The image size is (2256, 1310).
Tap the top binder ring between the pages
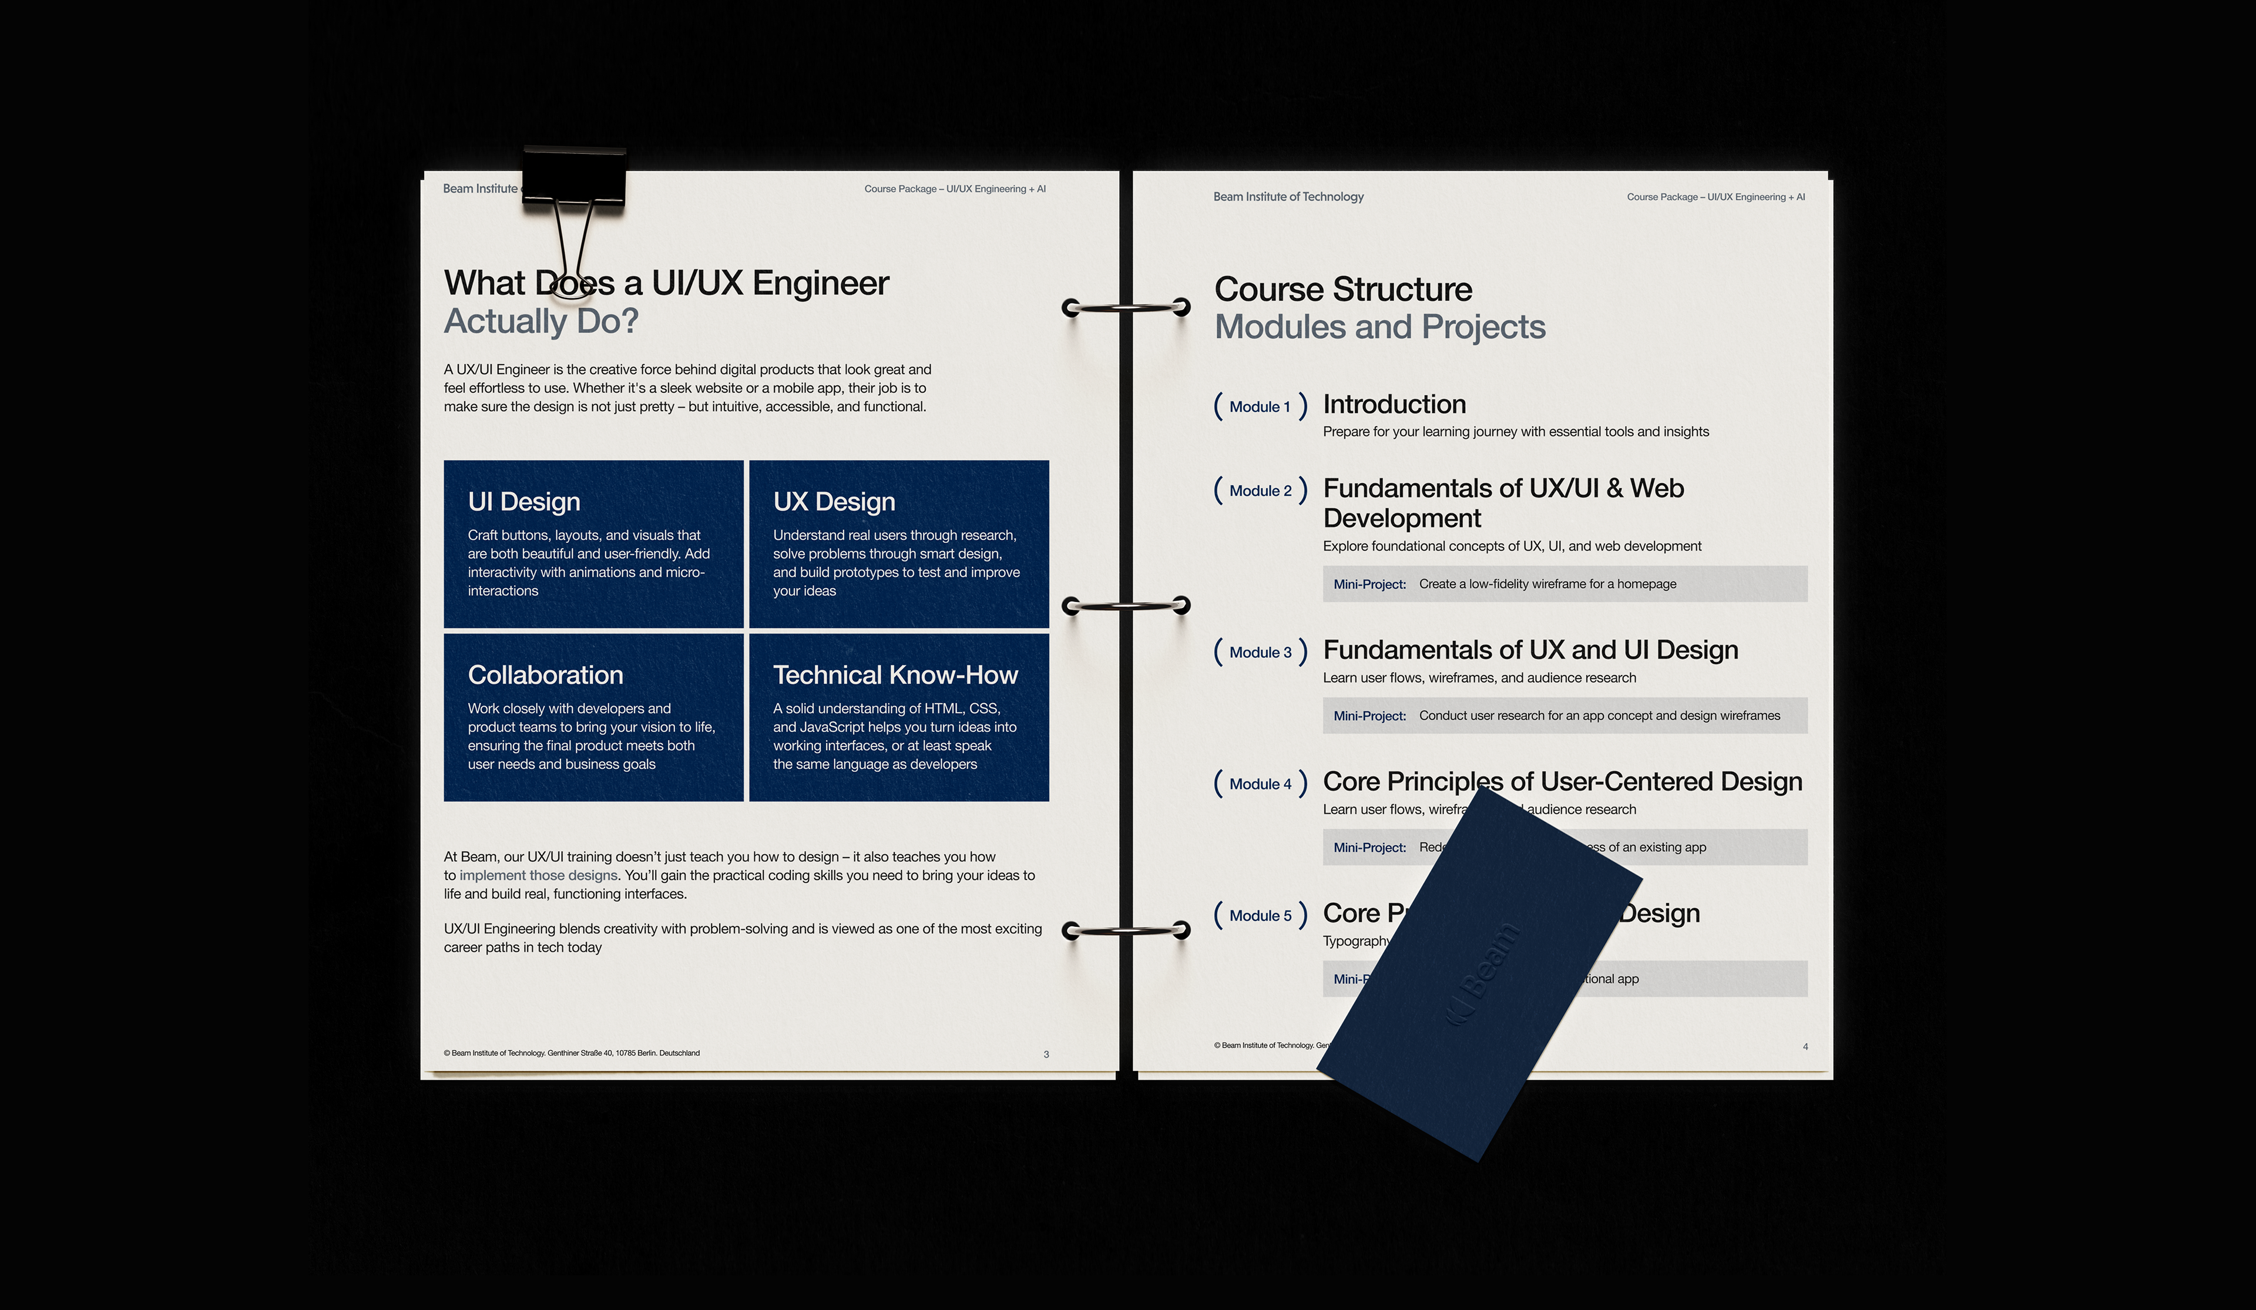click(x=1125, y=307)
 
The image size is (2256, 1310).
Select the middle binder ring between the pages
click(x=1125, y=606)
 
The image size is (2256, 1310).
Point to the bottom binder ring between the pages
click(x=1125, y=931)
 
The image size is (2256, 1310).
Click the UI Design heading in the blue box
click(x=523, y=502)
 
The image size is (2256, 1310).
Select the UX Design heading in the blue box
click(x=834, y=502)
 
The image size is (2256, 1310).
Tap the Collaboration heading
click(x=545, y=675)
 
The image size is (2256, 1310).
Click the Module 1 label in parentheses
click(x=1260, y=407)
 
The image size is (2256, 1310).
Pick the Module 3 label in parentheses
click(x=1260, y=653)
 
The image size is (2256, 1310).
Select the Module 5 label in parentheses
click(x=1260, y=916)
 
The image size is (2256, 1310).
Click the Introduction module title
click(x=1394, y=405)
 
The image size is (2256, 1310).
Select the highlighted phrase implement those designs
click(x=538, y=876)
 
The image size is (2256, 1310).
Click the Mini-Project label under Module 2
click(x=1369, y=585)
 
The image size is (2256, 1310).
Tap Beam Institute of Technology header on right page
click(x=1288, y=197)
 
